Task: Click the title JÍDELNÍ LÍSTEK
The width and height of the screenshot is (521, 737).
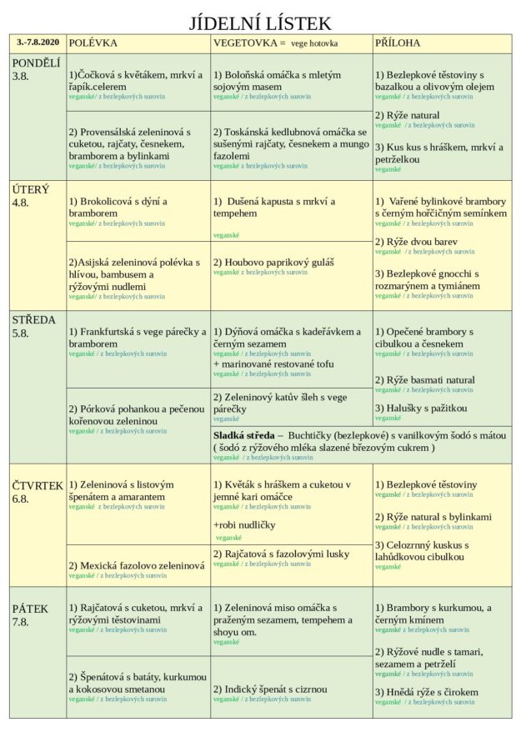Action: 260,23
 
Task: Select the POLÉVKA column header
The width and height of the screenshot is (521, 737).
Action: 93,43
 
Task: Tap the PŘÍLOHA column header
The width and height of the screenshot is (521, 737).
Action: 398,43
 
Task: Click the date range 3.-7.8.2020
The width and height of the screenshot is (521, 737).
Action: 38,42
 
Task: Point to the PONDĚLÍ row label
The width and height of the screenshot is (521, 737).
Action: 36,63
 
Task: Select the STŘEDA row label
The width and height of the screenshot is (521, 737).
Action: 34,320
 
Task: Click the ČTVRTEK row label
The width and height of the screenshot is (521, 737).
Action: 38,486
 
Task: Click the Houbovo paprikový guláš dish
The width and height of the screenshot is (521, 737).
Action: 273,263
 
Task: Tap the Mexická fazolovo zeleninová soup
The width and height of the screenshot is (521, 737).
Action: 137,565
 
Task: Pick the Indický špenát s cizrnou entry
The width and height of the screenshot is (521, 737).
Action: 270,689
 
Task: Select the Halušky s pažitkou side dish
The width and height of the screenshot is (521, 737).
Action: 421,409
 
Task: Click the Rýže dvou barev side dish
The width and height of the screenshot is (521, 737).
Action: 416,242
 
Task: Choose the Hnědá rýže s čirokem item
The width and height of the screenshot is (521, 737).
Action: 427,692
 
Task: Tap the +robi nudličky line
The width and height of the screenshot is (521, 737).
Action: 244,525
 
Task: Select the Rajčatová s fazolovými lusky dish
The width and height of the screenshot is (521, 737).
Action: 281,554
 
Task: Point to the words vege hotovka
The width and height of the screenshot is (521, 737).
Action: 320,43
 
